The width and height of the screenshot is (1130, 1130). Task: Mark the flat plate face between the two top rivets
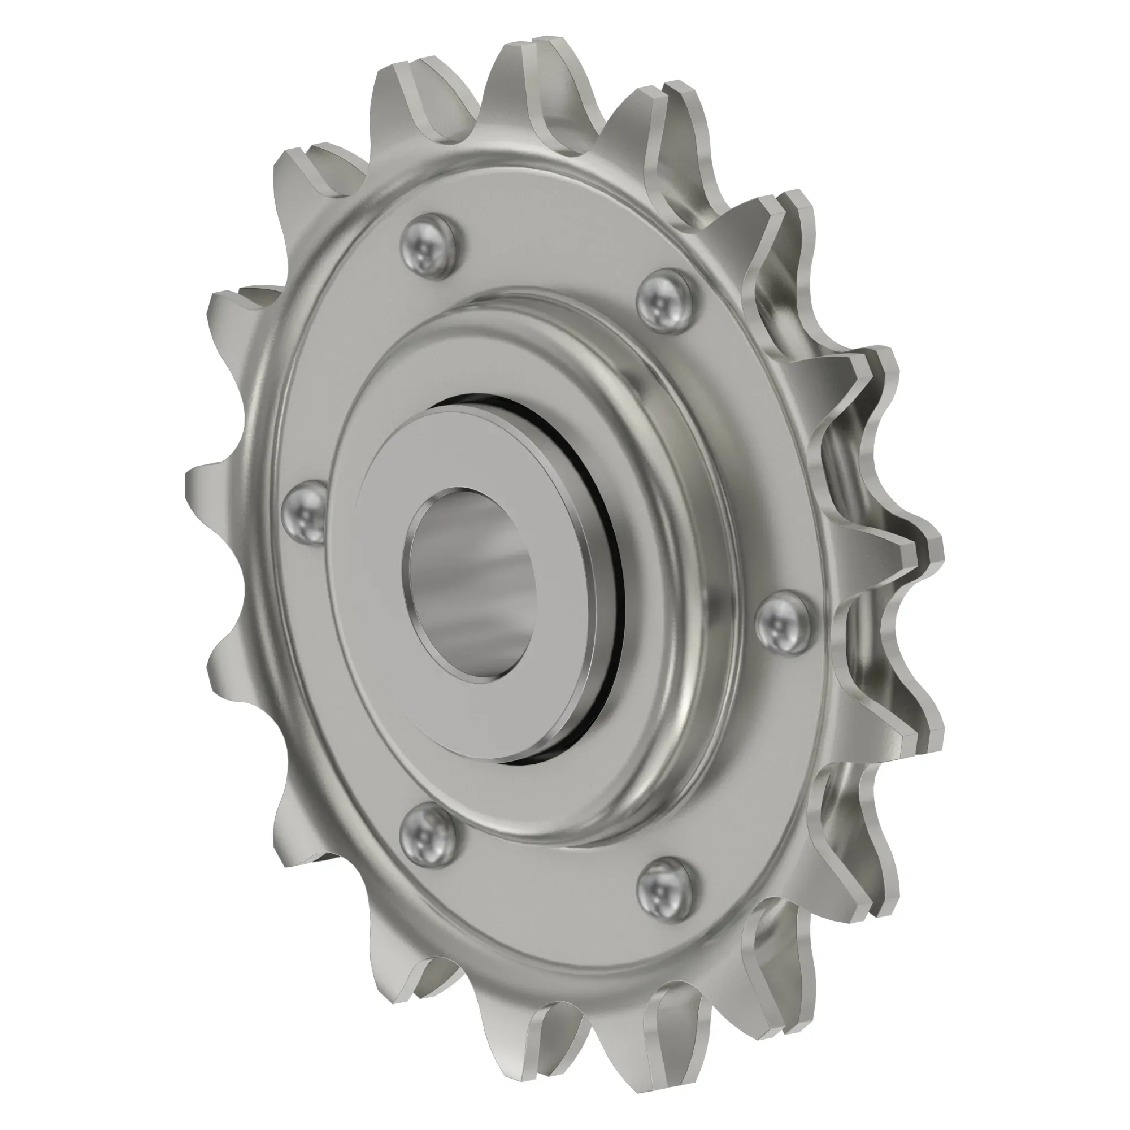[550, 257]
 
